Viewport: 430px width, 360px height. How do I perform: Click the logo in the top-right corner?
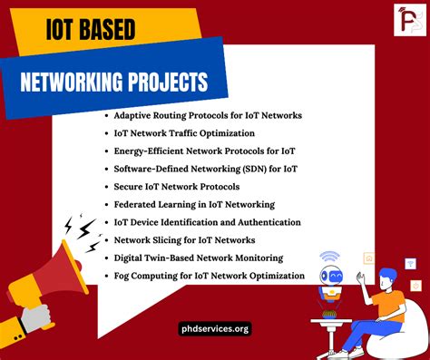click(405, 22)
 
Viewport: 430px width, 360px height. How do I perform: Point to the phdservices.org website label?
click(215, 328)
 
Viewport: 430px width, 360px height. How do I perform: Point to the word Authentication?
click(274, 222)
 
